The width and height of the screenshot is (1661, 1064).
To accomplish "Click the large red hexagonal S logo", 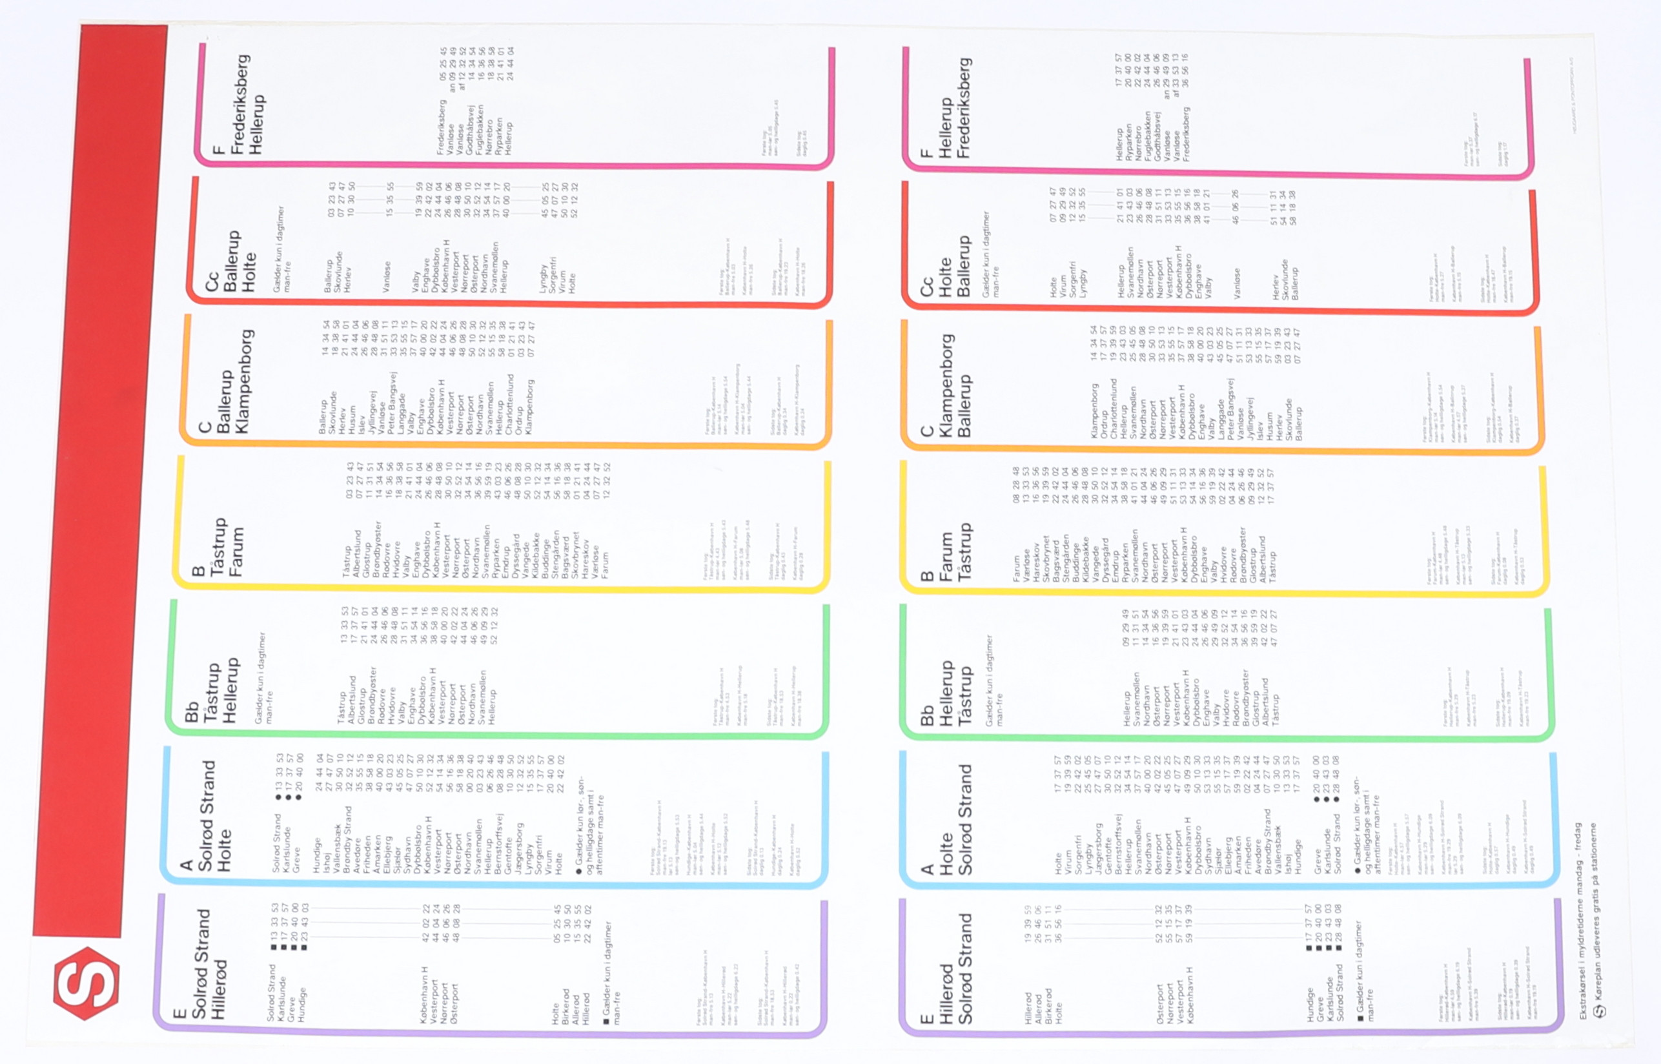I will pos(87,983).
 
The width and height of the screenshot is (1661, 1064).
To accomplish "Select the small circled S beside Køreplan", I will pos(1599,1011).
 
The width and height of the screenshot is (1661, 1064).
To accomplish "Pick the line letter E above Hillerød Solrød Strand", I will pos(927,1018).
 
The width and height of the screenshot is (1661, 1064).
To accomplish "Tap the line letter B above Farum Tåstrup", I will pos(927,575).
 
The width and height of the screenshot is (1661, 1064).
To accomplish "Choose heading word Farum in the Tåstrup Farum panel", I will pos(236,553).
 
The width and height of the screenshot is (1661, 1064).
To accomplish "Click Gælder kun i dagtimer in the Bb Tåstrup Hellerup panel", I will pos(260,678).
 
